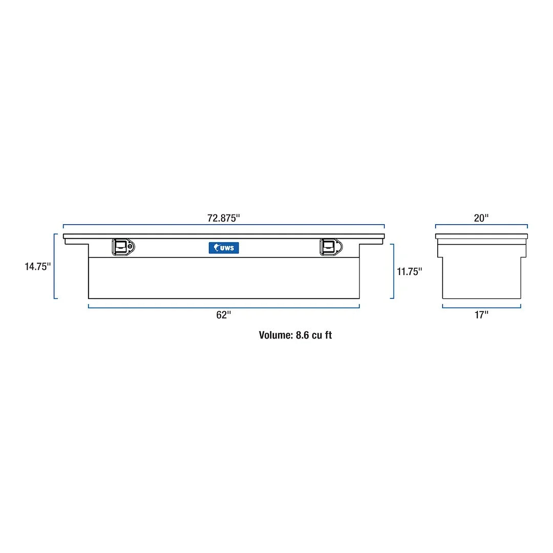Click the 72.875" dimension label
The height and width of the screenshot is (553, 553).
[223, 218]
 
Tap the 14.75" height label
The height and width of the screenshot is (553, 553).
[38, 267]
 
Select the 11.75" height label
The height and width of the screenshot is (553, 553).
[409, 271]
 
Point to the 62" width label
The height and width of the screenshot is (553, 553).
[224, 315]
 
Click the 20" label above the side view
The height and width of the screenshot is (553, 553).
[481, 218]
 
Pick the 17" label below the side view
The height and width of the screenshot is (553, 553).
[481, 315]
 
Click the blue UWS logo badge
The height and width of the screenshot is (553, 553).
[223, 248]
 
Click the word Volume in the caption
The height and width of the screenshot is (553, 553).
[275, 335]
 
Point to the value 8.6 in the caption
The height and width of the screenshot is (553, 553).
[302, 335]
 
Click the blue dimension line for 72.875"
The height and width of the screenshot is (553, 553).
[224, 225]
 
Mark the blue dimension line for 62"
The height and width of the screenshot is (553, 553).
[224, 307]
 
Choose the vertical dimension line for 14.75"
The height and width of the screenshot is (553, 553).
[55, 266]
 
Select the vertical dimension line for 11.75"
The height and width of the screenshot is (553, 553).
[393, 271]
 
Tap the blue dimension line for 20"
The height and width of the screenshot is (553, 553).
[481, 225]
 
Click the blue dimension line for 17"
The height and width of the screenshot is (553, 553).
[481, 307]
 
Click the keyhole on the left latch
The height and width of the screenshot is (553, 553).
[131, 247]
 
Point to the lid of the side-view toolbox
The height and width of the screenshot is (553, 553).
[481, 236]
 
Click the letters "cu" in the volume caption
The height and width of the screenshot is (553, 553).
[317, 335]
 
